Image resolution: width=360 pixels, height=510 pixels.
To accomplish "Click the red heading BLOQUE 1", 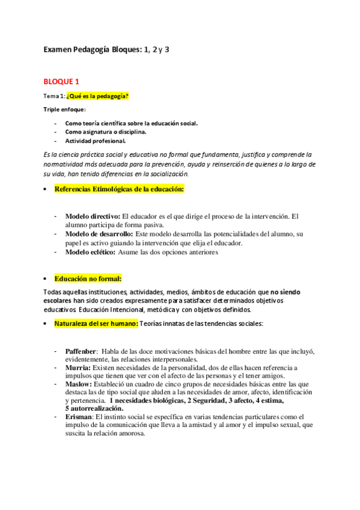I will click(62, 81).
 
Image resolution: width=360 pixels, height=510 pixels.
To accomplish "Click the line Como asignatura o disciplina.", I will click(105, 132).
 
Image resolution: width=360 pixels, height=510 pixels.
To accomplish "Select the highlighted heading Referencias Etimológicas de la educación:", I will click(119, 189).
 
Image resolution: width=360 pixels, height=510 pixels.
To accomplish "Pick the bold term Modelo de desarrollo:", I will click(99, 234).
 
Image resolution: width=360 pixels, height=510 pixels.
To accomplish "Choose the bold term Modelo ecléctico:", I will click(91, 252).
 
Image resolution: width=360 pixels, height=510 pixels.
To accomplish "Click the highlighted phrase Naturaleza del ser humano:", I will click(96, 324).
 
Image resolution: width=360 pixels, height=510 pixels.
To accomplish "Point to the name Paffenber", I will click(81, 351).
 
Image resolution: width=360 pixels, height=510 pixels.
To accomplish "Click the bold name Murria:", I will click(78, 367).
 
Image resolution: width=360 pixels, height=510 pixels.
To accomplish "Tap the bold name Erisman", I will click(79, 416).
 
